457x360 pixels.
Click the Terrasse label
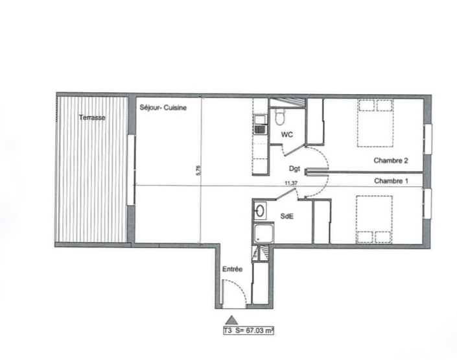(92, 117)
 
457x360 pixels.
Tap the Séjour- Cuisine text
(163, 108)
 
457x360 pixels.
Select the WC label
(287, 134)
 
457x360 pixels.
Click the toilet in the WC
(280, 117)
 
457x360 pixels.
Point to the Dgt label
(294, 169)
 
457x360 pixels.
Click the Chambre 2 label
(391, 160)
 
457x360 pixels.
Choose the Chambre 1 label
(391, 181)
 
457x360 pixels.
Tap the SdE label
(287, 216)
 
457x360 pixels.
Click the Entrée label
(232, 269)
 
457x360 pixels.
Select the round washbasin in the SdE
(260, 210)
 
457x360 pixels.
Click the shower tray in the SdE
(264, 233)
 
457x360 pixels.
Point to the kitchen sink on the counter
(261, 119)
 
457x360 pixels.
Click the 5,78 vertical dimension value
(199, 170)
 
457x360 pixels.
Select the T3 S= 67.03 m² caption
(248, 331)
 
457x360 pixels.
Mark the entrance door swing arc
(240, 287)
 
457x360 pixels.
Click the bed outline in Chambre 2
(376, 123)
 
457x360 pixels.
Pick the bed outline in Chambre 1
(374, 219)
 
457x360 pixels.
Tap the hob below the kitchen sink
(261, 130)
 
